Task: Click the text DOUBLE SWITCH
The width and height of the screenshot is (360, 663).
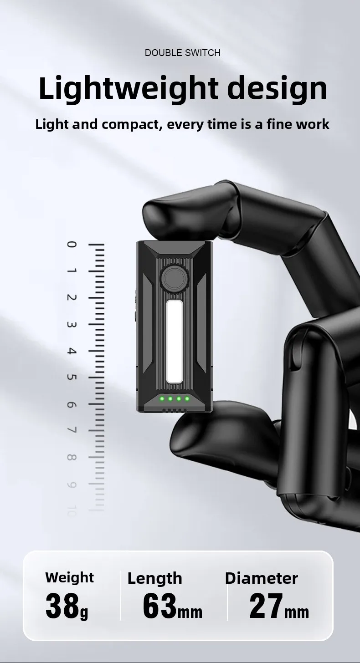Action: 183,53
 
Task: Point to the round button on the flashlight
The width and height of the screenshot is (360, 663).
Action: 174,278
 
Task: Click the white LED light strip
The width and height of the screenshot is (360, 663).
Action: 174,342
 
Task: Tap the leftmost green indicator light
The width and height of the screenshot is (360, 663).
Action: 162,399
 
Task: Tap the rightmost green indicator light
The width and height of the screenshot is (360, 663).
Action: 187,399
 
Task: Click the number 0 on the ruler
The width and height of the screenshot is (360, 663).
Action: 72,245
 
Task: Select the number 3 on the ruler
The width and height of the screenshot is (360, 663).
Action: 72,325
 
